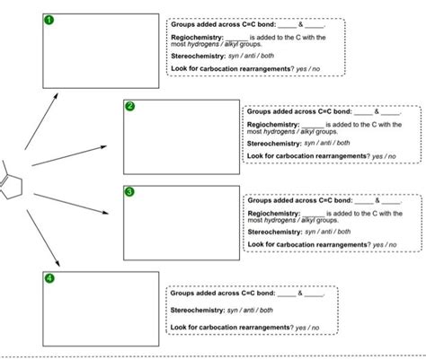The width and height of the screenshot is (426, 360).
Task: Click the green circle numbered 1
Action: tap(49, 20)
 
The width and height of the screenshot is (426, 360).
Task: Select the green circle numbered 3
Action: tap(129, 192)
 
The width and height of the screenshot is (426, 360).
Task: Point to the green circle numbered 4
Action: tap(49, 278)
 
